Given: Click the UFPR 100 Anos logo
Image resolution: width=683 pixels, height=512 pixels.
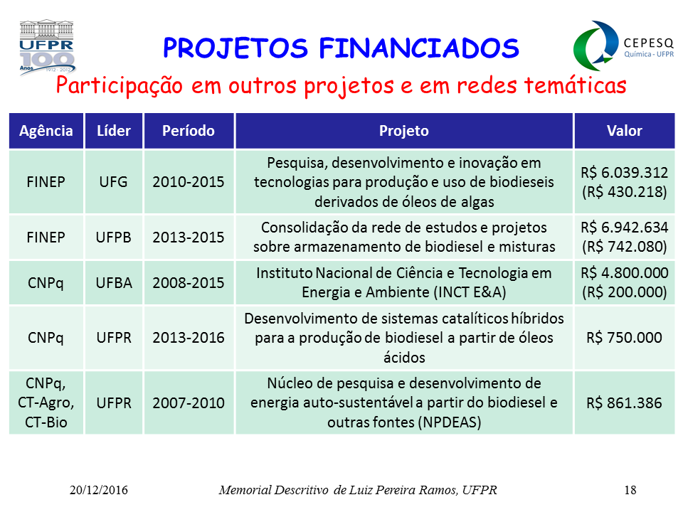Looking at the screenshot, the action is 47,47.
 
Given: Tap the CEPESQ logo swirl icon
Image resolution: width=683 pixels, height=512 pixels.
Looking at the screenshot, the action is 595,46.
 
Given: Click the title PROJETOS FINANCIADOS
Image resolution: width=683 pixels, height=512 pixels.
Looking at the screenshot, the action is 341,48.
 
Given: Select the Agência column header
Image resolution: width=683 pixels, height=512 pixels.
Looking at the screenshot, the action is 46,131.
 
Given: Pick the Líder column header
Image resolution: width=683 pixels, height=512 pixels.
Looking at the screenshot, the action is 114,131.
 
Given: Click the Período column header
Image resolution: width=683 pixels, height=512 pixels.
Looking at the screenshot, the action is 189,131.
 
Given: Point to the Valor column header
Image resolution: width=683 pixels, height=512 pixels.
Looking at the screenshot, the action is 624,131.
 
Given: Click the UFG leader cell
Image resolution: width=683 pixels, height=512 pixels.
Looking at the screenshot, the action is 114,181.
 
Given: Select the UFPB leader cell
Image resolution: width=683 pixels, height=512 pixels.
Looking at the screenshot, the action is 114,238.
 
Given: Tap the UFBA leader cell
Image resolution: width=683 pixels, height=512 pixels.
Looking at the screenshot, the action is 114,283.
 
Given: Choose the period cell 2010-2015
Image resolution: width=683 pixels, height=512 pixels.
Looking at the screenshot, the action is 189,181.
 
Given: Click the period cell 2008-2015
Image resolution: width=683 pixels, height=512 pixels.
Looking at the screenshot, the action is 189,283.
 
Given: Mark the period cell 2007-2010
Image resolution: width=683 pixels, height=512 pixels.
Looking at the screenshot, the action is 189,403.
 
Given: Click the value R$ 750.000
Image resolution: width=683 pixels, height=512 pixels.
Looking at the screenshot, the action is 624,338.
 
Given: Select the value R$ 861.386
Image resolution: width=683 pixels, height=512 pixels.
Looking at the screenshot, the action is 624,403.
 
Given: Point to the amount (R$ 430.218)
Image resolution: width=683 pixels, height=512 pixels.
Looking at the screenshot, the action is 624,192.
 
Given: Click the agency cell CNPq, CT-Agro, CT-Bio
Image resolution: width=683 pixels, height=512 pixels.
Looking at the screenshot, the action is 46,402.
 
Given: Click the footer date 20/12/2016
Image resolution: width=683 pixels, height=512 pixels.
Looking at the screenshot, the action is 99,490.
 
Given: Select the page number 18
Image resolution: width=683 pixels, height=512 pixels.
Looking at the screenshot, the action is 630,490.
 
